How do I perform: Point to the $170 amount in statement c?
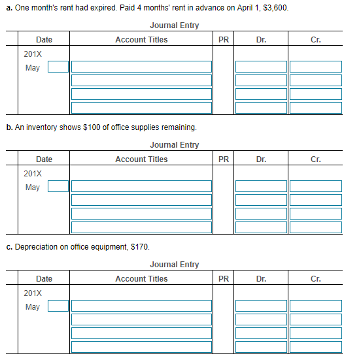[x=140, y=247]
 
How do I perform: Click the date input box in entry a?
[x=58, y=67]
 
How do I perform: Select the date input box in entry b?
[x=58, y=186]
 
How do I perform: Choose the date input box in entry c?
[x=58, y=306]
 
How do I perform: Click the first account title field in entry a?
[x=141, y=67]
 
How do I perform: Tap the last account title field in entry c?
[x=141, y=347]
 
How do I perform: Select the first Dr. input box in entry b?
[x=261, y=186]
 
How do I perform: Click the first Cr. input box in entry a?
[x=315, y=67]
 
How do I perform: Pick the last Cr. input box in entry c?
[x=315, y=347]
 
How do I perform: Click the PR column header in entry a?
[x=224, y=39]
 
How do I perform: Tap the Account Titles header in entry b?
[x=141, y=159]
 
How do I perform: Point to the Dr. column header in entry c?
[x=261, y=278]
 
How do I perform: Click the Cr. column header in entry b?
[x=315, y=159]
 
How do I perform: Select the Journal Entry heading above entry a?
[x=174, y=25]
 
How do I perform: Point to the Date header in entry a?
[x=44, y=39]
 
